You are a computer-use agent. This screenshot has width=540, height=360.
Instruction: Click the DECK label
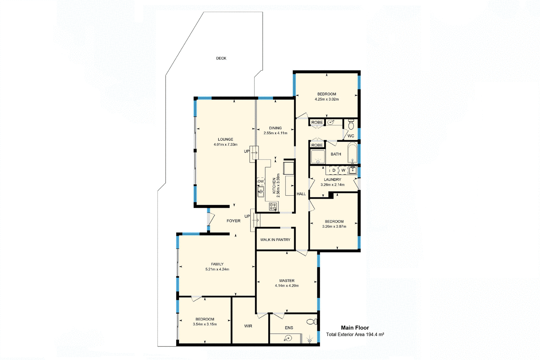(221, 58)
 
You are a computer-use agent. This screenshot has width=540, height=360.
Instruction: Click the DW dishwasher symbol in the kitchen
(261, 182)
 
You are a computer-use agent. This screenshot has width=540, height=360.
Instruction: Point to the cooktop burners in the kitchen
(273, 206)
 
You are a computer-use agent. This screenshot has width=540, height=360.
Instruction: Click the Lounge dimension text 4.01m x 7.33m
(225, 144)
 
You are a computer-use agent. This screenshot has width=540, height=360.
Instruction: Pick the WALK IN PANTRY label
(275, 240)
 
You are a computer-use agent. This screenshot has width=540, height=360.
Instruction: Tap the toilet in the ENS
(312, 322)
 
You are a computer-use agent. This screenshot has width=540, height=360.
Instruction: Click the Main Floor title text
(355, 328)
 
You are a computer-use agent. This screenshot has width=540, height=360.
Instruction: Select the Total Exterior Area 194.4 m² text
(355, 335)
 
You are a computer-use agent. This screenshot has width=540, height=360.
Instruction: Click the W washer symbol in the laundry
(343, 170)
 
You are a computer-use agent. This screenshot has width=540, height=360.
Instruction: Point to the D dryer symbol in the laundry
(334, 170)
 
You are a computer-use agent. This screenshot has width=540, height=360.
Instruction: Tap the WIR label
(248, 326)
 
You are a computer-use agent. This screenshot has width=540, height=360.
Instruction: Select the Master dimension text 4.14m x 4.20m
(287, 286)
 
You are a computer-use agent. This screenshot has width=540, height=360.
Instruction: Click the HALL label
(301, 194)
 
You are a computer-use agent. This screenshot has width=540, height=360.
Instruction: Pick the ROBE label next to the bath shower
(317, 145)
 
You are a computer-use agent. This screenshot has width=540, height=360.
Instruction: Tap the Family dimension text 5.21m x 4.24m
(217, 269)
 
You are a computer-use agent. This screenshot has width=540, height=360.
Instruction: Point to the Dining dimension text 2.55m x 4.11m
(275, 133)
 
